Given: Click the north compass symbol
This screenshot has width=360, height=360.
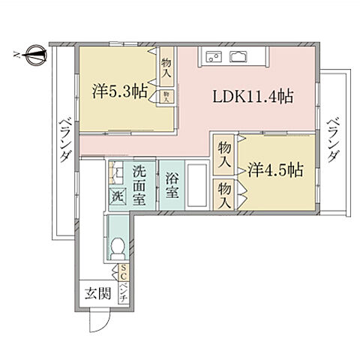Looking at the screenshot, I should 32,53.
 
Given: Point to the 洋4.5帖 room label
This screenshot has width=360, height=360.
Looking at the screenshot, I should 275,169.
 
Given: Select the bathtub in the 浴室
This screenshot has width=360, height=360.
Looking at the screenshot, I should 196,184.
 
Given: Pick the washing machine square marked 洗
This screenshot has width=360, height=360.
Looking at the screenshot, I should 118,196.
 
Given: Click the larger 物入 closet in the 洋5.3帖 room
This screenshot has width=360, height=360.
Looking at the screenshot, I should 166,70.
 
